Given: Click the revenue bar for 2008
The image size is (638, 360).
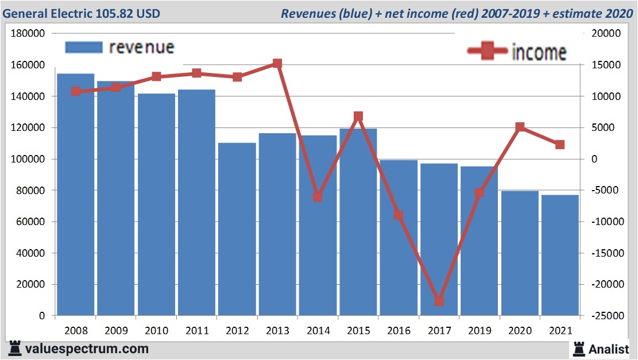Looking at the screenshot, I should pos(75,195).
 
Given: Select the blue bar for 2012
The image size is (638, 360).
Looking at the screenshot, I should pos(237,230).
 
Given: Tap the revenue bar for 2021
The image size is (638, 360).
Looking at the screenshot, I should pos(560,256).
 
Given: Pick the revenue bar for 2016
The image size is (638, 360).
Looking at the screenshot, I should pos(399,238).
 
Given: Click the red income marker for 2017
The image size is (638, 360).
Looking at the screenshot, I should pos(439,300).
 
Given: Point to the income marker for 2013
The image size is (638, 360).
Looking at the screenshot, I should pos(277,64).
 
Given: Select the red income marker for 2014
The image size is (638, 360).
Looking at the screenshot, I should pos(318,196).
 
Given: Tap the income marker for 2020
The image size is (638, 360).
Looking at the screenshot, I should pos(520,127).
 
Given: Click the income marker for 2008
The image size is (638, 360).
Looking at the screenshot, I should pos(75,91).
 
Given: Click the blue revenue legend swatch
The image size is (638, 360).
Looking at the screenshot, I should pos(84,47).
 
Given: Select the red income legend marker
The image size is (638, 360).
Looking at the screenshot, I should pos(488,52).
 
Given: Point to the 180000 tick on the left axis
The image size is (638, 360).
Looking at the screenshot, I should pos(28,34).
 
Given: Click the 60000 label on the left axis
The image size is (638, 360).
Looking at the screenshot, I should pos(30,222).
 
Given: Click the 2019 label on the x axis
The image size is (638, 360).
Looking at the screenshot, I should pos(480,331).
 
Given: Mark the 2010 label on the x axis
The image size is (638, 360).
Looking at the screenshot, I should pos(156,331).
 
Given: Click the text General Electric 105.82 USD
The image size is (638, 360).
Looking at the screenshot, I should pos(82,13).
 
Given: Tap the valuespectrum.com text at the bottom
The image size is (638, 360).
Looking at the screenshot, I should pos(86,349).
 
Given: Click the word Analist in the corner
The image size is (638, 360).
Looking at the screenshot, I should pos(609,349).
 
